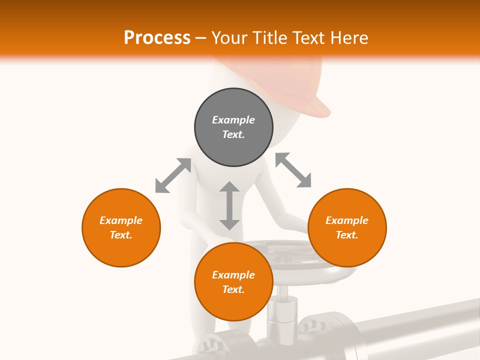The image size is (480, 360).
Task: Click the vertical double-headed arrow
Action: [x=229, y=205]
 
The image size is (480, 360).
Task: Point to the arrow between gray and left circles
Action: [x=173, y=175]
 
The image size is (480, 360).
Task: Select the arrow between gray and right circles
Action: [x=293, y=170]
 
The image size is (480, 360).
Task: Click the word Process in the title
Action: [x=157, y=37]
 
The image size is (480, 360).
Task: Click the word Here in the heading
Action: [x=348, y=37]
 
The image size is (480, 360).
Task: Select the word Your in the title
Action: [x=229, y=37]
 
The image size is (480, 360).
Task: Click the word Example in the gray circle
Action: [x=233, y=120]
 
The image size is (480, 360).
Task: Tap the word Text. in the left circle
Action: [x=121, y=235]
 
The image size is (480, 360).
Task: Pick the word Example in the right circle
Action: [x=347, y=220]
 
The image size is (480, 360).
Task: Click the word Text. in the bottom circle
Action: [x=233, y=289]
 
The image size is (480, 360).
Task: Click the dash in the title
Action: [x=201, y=38]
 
